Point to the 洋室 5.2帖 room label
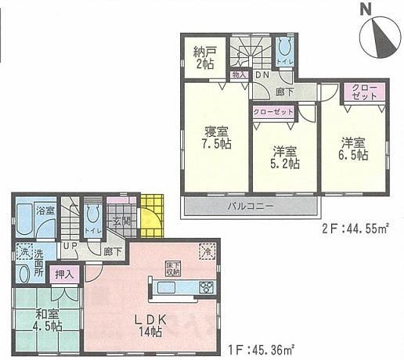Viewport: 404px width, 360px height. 285,157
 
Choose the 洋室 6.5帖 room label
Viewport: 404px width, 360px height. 353,149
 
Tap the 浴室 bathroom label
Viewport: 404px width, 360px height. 45,211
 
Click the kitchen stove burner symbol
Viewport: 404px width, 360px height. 207,286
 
